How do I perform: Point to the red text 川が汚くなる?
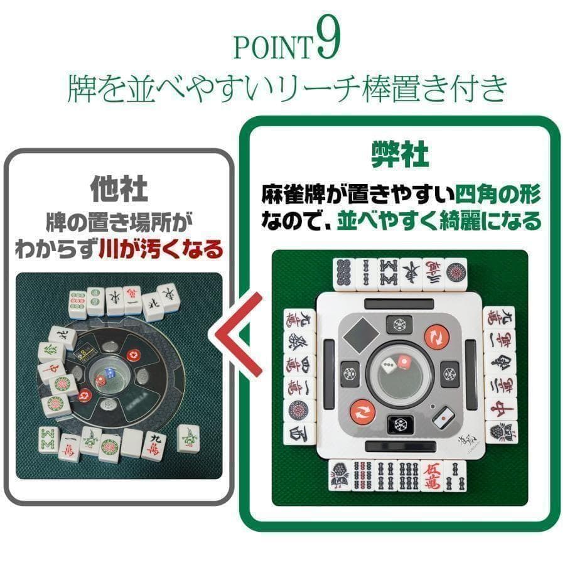tap(161, 249)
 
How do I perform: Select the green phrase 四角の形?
tap(497, 195)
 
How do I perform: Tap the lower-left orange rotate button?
tap(362, 412)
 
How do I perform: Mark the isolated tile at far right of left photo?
tap(188, 438)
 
